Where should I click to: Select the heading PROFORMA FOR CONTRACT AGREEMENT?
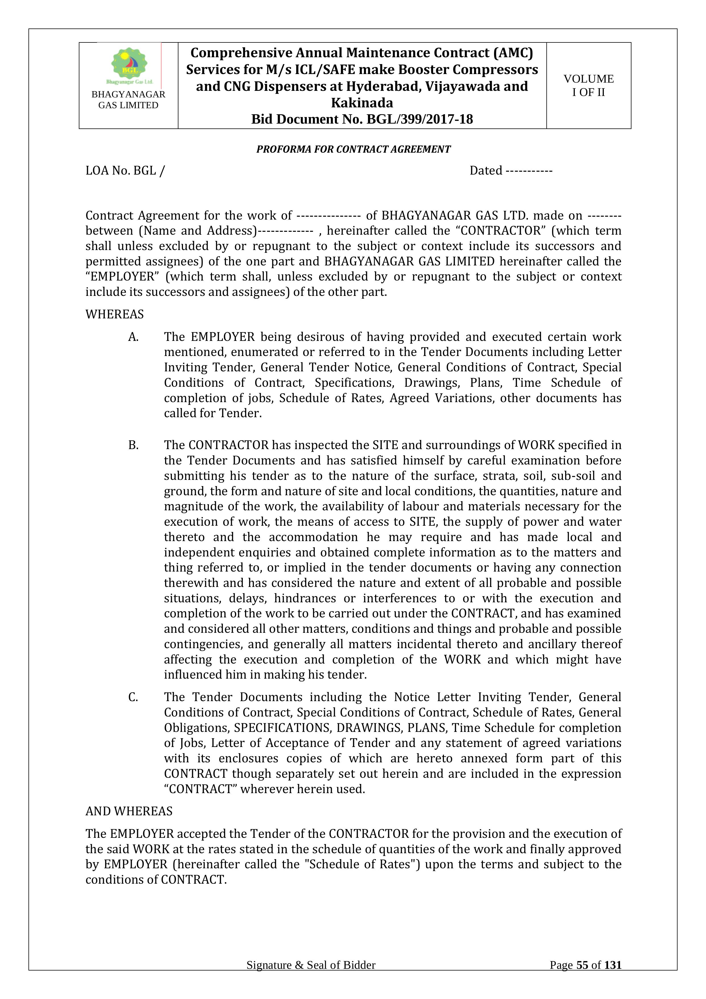pos(353,149)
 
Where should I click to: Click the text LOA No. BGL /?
pos(125,171)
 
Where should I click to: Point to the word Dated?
pos(485,171)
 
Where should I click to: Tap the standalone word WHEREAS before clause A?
pos(114,314)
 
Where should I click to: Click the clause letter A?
pos(133,337)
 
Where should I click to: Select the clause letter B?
pos(133,445)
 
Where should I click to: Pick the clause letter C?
pos(133,697)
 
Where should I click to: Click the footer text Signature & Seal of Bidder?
pos(311,977)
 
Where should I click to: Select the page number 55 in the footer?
pos(582,977)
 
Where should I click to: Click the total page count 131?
pos(613,977)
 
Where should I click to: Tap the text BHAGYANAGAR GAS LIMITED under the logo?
pos(128,100)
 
